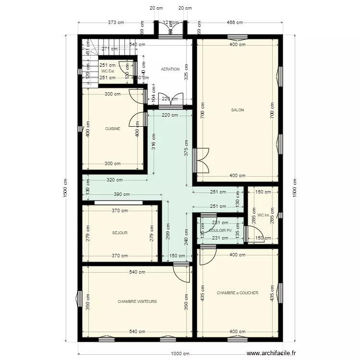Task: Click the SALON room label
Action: coord(238,110)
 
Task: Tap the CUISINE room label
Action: coord(113,129)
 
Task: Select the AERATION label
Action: coord(170,69)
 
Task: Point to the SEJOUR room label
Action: coord(120,233)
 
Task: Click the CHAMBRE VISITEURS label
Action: coord(137,301)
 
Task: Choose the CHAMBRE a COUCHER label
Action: coord(238,293)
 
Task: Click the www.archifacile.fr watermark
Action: coord(272,354)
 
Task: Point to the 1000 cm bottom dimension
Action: coord(180,354)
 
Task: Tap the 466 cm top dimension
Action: coord(234,22)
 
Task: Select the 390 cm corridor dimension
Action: coord(122,194)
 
